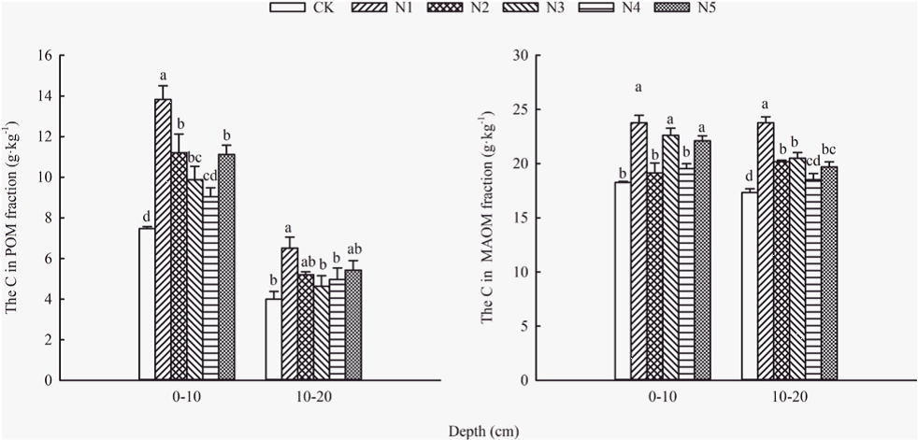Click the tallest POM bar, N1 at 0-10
click(163, 239)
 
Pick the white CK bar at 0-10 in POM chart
click(147, 304)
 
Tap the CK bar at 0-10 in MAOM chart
click(623, 281)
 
